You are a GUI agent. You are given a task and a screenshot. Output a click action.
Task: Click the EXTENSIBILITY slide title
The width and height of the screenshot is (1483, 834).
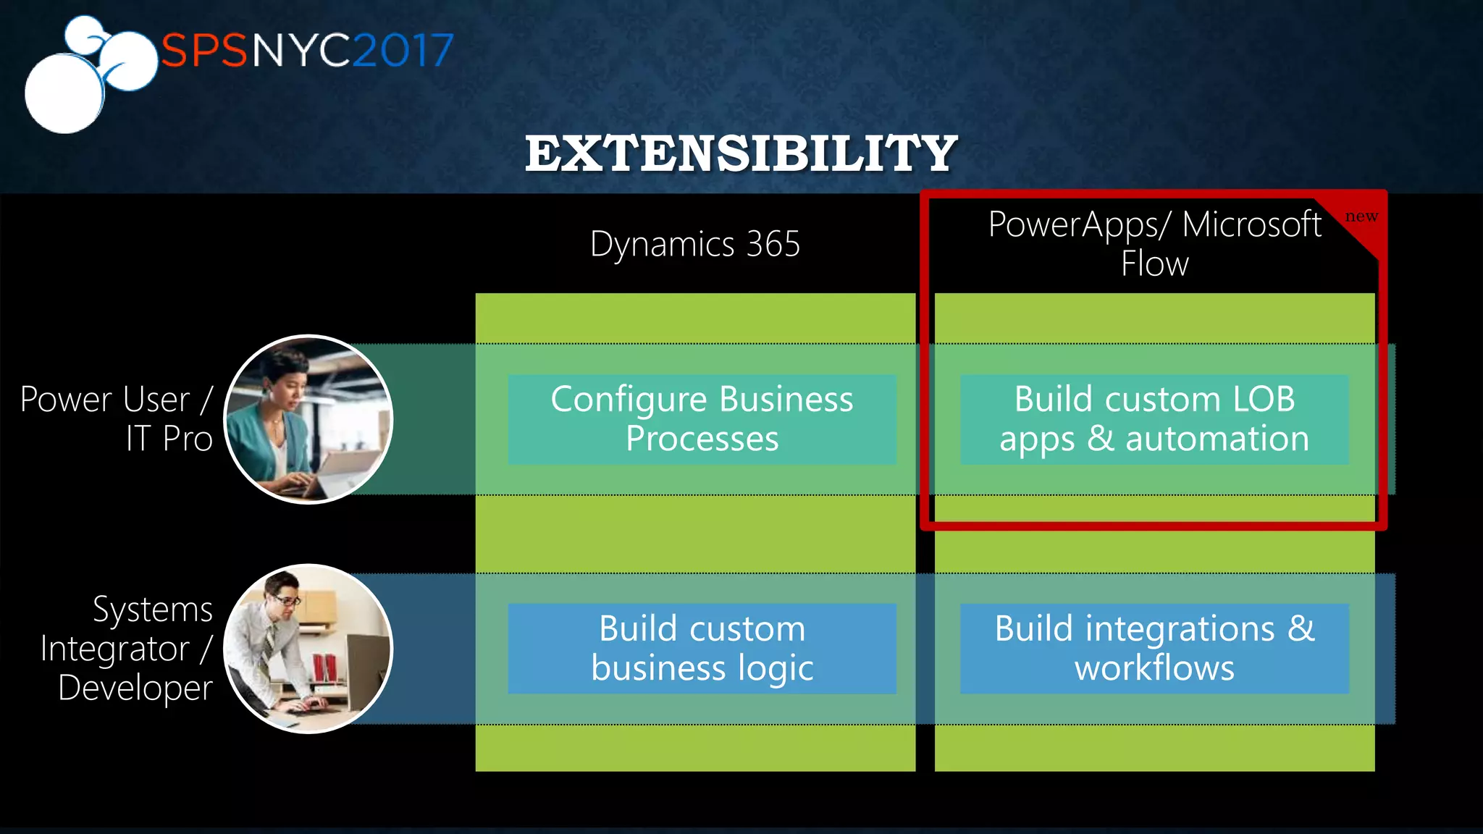click(x=741, y=153)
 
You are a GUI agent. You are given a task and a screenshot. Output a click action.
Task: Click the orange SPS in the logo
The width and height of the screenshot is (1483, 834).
click(x=203, y=51)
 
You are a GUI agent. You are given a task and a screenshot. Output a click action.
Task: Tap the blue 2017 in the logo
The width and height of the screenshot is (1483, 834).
click(x=403, y=51)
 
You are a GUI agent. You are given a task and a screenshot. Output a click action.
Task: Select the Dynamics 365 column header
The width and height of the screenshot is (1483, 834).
click(x=694, y=244)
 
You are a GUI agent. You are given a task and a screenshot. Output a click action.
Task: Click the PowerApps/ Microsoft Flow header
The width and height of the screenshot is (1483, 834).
click(x=1154, y=243)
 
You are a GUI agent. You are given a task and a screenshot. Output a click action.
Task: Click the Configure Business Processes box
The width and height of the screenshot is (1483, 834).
click(x=702, y=419)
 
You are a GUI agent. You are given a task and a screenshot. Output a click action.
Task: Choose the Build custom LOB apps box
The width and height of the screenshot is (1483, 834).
click(x=1154, y=419)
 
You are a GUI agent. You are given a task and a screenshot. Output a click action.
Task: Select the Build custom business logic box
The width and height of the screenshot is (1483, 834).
click(x=702, y=649)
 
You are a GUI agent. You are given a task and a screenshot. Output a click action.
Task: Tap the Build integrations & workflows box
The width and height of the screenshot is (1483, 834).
click(x=1154, y=649)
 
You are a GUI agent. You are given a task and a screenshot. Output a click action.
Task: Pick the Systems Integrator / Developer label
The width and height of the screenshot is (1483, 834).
click(x=127, y=649)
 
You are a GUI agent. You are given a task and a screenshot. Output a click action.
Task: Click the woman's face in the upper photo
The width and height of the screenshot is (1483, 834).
click(x=287, y=384)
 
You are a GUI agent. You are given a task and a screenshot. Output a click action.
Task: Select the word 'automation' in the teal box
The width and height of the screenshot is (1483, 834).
click(x=1217, y=439)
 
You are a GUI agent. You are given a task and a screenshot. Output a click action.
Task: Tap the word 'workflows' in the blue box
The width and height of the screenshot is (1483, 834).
click(x=1154, y=668)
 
